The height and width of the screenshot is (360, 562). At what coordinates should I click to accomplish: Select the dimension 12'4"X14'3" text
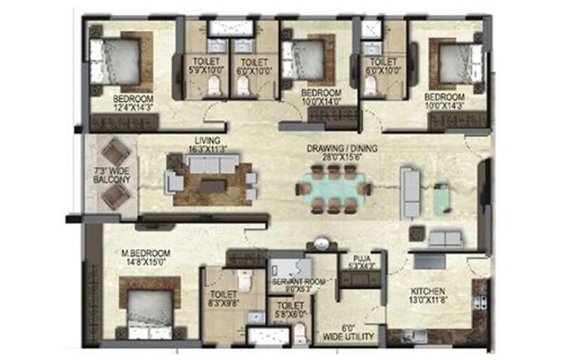click(133, 107)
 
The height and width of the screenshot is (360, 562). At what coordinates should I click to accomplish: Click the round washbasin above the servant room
click(324, 245)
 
